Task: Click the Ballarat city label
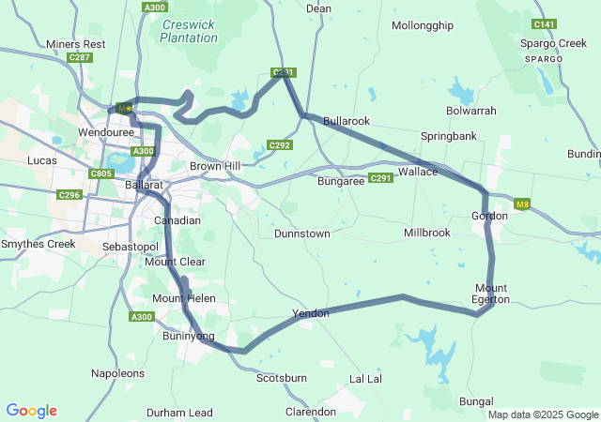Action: [x=145, y=186]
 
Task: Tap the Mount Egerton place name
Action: [x=491, y=294]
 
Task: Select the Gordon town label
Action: [x=489, y=217]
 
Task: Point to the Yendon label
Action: [x=311, y=313]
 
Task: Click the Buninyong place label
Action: [x=189, y=336]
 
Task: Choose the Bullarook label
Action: [x=347, y=122]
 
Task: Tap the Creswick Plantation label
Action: [x=189, y=31]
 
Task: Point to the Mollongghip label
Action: [x=422, y=25]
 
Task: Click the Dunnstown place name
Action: [x=302, y=234]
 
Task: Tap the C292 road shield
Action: [x=279, y=145]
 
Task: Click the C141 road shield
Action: [x=543, y=23]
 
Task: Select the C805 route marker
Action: [x=100, y=173]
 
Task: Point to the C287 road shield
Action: [x=80, y=58]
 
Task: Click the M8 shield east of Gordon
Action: [x=523, y=204]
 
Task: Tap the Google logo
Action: [x=31, y=411]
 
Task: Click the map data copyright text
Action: [x=543, y=414]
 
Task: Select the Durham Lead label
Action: [x=179, y=413]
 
